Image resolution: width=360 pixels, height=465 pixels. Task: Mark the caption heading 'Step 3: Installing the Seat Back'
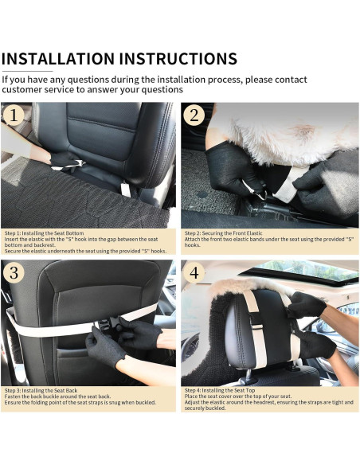pyautogui.click(x=41, y=391)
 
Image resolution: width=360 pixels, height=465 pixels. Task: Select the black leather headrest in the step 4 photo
pyautogui.click(x=263, y=326)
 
